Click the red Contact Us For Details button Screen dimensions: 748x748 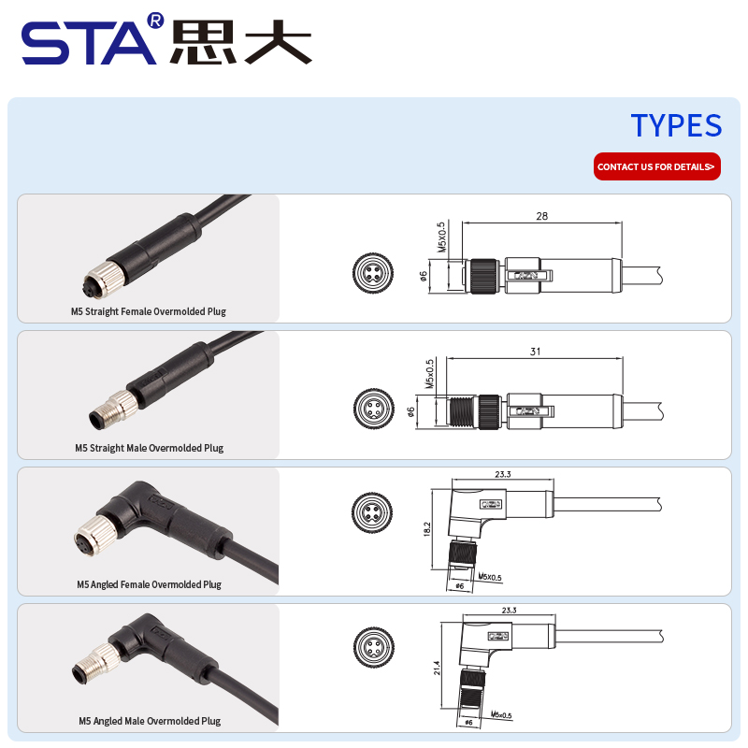(x=657, y=166)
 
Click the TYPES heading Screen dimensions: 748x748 (x=676, y=125)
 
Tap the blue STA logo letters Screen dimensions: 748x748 (x=89, y=43)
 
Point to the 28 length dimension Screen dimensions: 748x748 (x=542, y=216)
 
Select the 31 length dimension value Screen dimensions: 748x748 (x=535, y=352)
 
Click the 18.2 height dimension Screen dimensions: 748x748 (x=427, y=528)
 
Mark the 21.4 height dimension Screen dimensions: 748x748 (x=437, y=668)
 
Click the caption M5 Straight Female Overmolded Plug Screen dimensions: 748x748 (x=149, y=311)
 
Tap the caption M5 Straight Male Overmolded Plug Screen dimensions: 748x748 (x=150, y=448)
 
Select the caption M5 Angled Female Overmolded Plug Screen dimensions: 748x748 (x=150, y=584)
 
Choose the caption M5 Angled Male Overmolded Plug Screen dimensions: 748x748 (x=150, y=721)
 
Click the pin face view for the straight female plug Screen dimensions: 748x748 (x=373, y=273)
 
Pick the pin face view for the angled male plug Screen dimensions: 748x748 (x=373, y=647)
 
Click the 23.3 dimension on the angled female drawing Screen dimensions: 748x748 (x=503, y=474)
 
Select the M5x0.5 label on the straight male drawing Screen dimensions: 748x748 (x=430, y=374)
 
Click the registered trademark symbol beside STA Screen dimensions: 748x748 (x=155, y=21)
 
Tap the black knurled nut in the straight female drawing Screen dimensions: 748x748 (x=484, y=276)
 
